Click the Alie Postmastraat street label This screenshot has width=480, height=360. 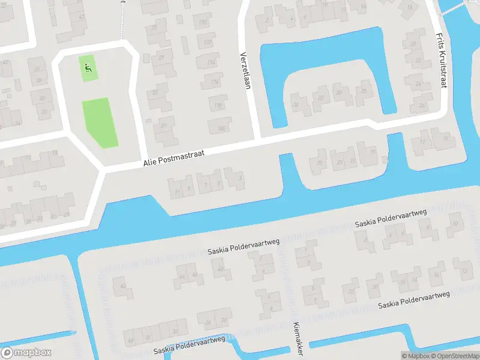[x=173, y=158]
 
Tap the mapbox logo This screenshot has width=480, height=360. [x=26, y=353]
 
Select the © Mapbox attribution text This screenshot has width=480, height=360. [x=416, y=356]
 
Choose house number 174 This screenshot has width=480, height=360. [x=211, y=63]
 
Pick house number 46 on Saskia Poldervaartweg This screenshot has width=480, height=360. [x=196, y=275]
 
